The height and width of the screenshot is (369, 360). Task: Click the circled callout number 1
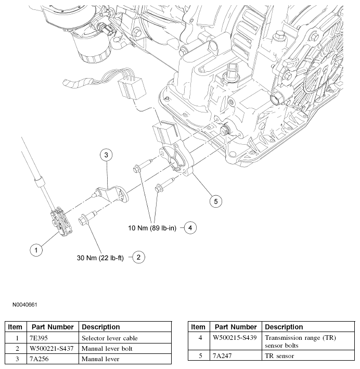35,250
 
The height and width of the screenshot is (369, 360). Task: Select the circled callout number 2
139,257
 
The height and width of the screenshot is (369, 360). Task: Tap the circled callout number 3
106,155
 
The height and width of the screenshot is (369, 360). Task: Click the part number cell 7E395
39,338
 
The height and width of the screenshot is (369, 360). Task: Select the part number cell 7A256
39,359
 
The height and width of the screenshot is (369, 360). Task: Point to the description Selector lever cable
110,338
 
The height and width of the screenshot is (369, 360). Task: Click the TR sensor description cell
279,356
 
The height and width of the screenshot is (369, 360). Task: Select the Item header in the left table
15,327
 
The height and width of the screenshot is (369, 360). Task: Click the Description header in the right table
284,327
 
